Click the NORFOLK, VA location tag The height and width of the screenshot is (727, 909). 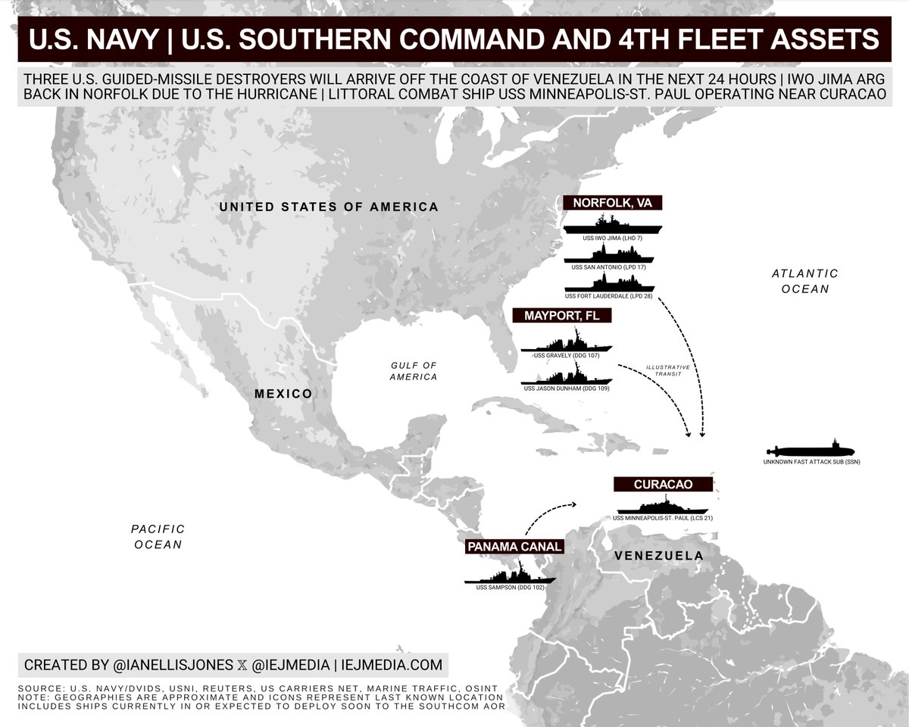pyautogui.click(x=612, y=203)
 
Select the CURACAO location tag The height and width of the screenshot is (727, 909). pyautogui.click(x=664, y=485)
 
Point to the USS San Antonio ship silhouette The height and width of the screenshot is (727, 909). pyautogui.click(x=610, y=257)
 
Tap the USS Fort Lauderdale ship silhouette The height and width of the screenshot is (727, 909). pyautogui.click(x=610, y=283)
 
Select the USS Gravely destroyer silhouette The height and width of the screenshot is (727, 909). pyautogui.click(x=566, y=345)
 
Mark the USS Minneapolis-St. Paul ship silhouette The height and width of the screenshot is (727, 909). pyautogui.click(x=664, y=507)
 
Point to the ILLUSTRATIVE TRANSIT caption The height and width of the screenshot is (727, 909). pyautogui.click(x=667, y=370)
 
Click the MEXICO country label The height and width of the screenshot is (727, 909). pyautogui.click(x=283, y=394)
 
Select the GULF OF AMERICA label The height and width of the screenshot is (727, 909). pyautogui.click(x=414, y=371)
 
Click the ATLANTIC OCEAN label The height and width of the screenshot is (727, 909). pyautogui.click(x=804, y=281)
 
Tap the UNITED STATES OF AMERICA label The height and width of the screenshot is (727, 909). pyautogui.click(x=328, y=207)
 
